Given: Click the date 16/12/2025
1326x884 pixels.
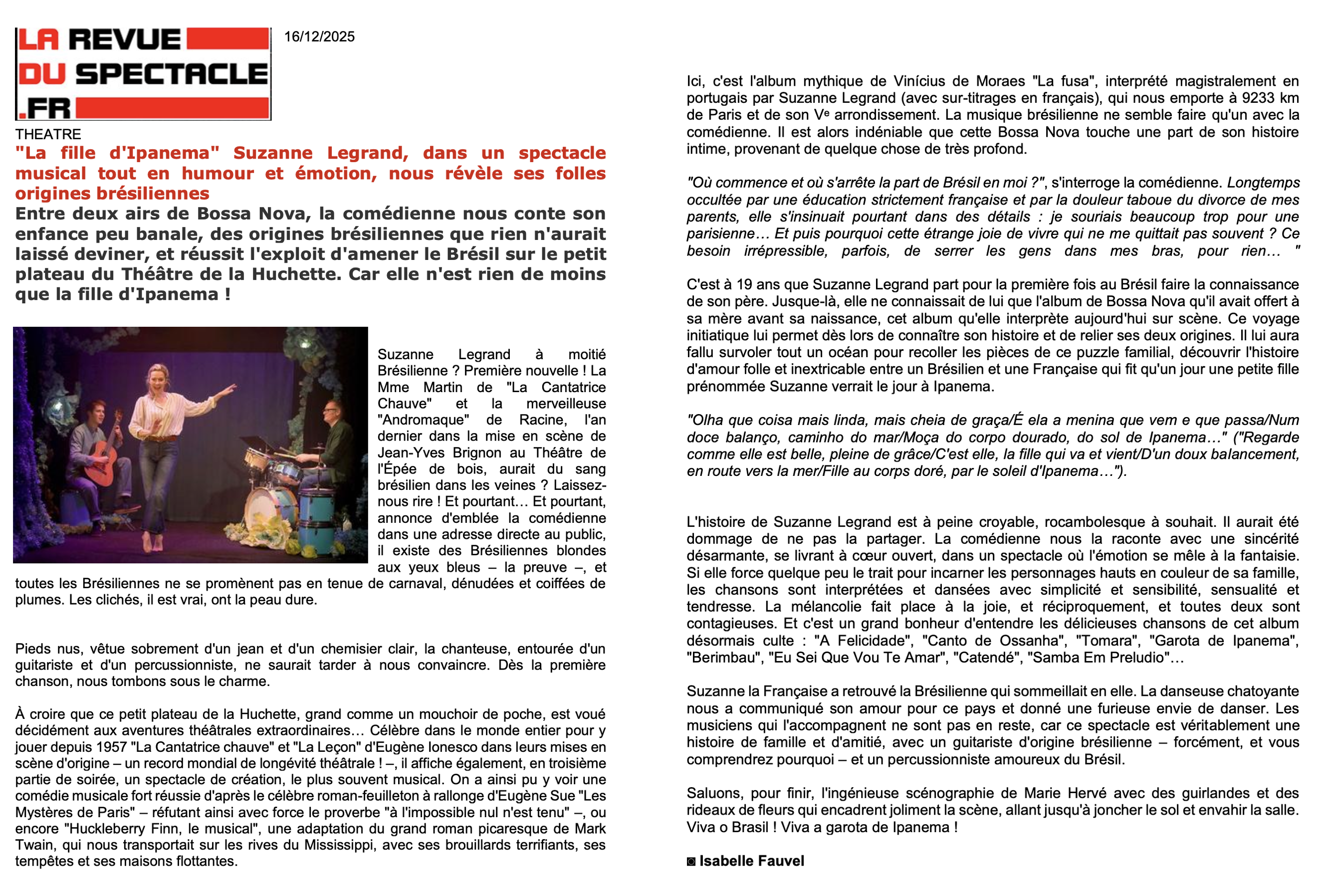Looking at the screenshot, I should pos(319,36).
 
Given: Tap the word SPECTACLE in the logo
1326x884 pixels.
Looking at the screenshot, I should pos(172,74).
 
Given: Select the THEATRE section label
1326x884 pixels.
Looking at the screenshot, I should pos(48,134).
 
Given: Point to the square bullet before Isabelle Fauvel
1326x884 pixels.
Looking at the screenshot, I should pos(691,862).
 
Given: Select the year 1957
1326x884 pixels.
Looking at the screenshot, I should pos(112,747).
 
